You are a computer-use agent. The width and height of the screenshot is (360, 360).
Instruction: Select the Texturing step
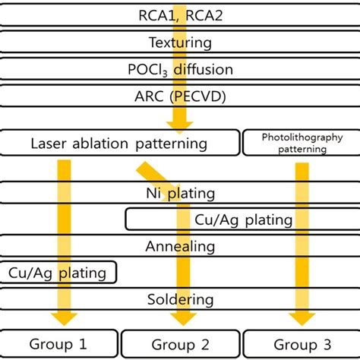click(x=180, y=43)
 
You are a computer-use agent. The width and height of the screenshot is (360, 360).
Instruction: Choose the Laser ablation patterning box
click(x=119, y=142)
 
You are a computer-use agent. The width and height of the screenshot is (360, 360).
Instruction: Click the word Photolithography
click(x=302, y=137)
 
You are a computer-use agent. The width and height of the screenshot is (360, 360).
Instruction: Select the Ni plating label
click(x=181, y=193)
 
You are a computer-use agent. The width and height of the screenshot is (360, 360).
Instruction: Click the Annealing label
click(x=180, y=246)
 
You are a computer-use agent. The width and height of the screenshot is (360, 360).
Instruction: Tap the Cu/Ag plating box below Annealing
click(x=58, y=272)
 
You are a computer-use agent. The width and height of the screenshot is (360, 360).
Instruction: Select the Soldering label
click(x=180, y=299)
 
